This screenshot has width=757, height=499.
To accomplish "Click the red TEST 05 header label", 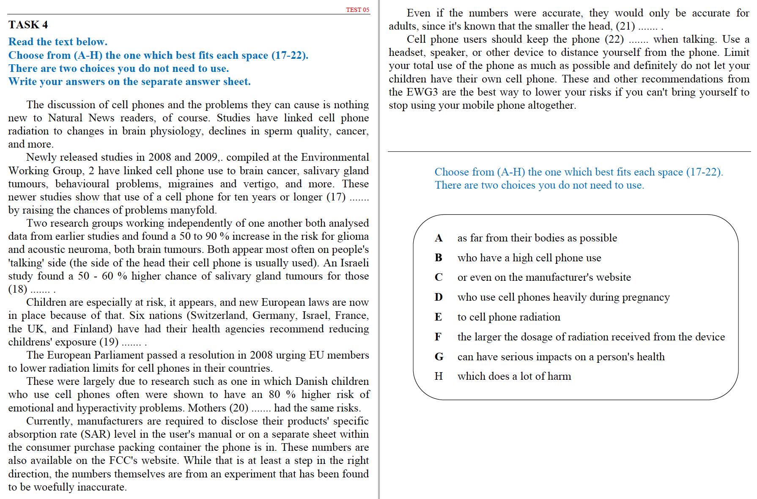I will tap(357, 10).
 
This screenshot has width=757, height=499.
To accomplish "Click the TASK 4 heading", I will tap(28, 25).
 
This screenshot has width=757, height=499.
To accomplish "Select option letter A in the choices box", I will tap(439, 238).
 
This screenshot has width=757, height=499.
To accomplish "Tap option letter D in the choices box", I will tap(439, 297).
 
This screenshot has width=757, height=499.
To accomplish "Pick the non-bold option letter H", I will tap(439, 376).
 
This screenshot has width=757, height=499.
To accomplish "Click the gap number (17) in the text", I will tap(336, 197).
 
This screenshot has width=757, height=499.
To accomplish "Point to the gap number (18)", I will tap(17, 289).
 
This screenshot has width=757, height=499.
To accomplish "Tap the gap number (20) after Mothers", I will tap(239, 408).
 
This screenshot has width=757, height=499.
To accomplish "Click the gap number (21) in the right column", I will tap(625, 26).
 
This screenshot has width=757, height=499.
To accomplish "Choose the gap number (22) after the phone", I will tap(614, 39).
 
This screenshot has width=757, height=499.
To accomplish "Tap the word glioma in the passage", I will tap(353, 236).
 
